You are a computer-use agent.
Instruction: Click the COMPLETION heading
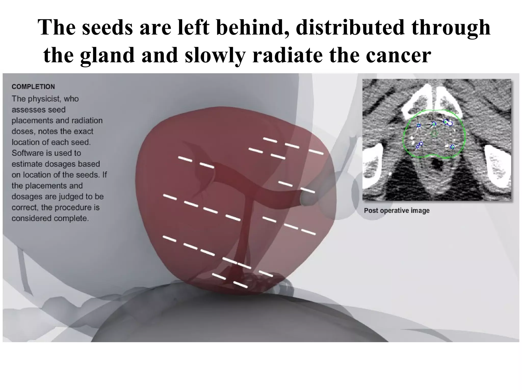click(33, 87)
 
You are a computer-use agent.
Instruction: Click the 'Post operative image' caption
click(397, 211)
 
